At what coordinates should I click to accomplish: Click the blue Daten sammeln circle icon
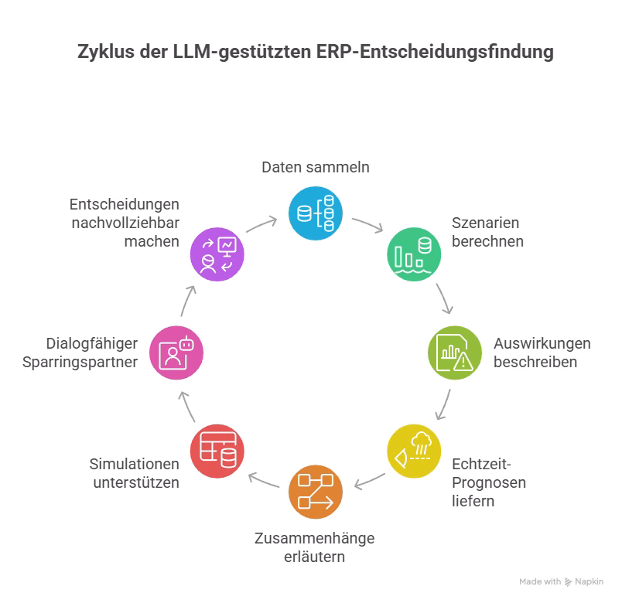coord(316,211)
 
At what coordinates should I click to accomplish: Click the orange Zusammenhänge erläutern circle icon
coord(316,492)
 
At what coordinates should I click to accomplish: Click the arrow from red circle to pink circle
coord(186,404)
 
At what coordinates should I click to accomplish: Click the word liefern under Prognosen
coord(472,501)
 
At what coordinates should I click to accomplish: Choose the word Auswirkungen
coord(543,343)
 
